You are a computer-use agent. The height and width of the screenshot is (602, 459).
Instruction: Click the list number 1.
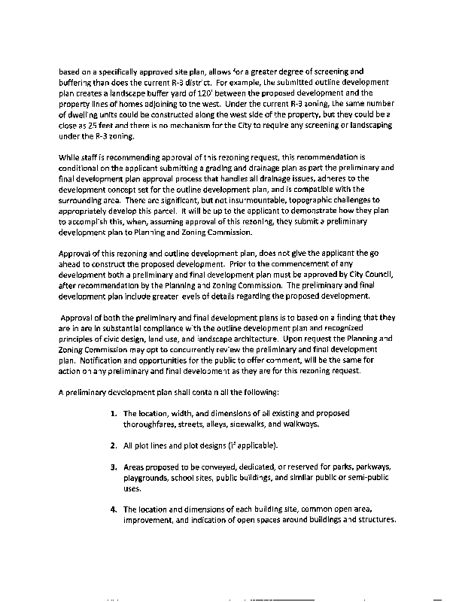(113, 413)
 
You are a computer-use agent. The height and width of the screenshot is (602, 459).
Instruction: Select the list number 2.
(113, 445)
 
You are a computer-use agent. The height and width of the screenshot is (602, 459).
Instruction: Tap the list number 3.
(113, 467)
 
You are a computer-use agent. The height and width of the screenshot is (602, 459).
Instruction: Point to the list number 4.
(113, 509)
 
